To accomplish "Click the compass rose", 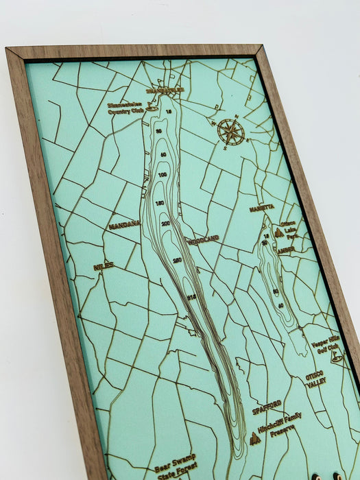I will [x=230, y=132].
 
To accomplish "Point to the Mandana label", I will [x=124, y=224].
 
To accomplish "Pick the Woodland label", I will [x=203, y=239].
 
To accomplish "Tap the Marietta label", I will [x=261, y=207].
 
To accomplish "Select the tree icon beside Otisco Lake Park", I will [x=278, y=233].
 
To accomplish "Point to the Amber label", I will [x=286, y=251].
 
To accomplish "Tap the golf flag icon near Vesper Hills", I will [x=336, y=357].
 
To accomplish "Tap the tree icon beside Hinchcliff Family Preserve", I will [x=256, y=438].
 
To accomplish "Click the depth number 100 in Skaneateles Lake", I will [x=163, y=176].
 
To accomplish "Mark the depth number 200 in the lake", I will [x=165, y=224].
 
